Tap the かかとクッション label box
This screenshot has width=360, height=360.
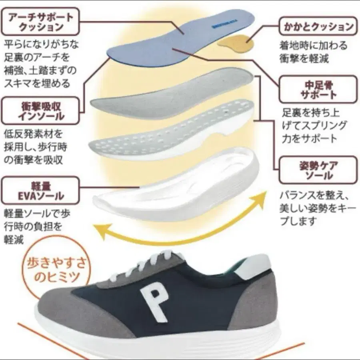(317, 27)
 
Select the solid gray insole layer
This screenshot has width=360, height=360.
(172, 94)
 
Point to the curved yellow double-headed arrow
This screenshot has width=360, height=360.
(180, 232)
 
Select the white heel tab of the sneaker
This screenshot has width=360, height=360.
(256, 266)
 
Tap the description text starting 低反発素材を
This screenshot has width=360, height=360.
(34, 146)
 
